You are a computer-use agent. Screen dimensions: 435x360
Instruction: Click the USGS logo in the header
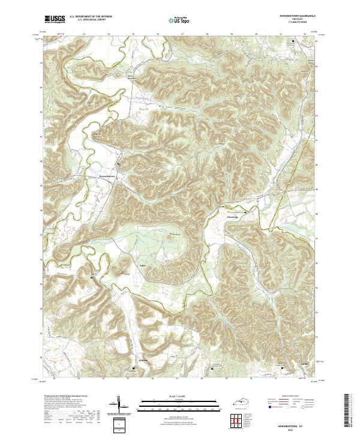click(55, 20)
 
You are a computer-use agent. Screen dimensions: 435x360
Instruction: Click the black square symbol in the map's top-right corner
click(293, 41)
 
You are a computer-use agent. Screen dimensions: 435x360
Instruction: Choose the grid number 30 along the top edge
click(256, 35)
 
